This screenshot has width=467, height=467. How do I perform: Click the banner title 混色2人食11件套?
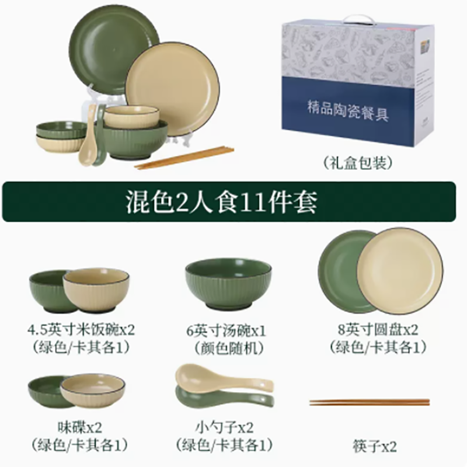pyautogui.click(x=222, y=203)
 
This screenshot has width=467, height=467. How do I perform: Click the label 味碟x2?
pyautogui.click(x=80, y=428)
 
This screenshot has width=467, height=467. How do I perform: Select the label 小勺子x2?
pyautogui.click(x=225, y=428)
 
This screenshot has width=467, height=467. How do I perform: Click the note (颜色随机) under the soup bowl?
pyautogui.click(x=226, y=348)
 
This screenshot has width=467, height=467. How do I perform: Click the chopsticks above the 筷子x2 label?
pyautogui.click(x=370, y=402)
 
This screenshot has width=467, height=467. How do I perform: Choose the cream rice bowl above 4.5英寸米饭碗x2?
pyautogui.click(x=96, y=289)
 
